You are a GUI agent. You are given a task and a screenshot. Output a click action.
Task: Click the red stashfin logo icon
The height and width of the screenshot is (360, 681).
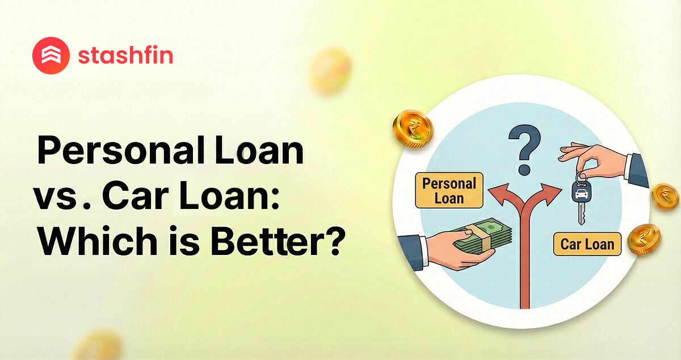tap(51, 56)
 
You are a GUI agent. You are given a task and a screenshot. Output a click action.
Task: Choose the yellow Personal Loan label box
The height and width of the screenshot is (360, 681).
tap(449, 190)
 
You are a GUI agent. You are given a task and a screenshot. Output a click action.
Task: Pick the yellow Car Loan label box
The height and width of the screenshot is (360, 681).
tap(587, 244)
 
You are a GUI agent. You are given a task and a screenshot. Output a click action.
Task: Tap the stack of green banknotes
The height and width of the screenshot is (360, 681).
tap(482, 237)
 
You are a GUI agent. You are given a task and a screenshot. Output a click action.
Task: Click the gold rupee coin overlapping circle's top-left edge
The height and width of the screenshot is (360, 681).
tap(413, 127)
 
